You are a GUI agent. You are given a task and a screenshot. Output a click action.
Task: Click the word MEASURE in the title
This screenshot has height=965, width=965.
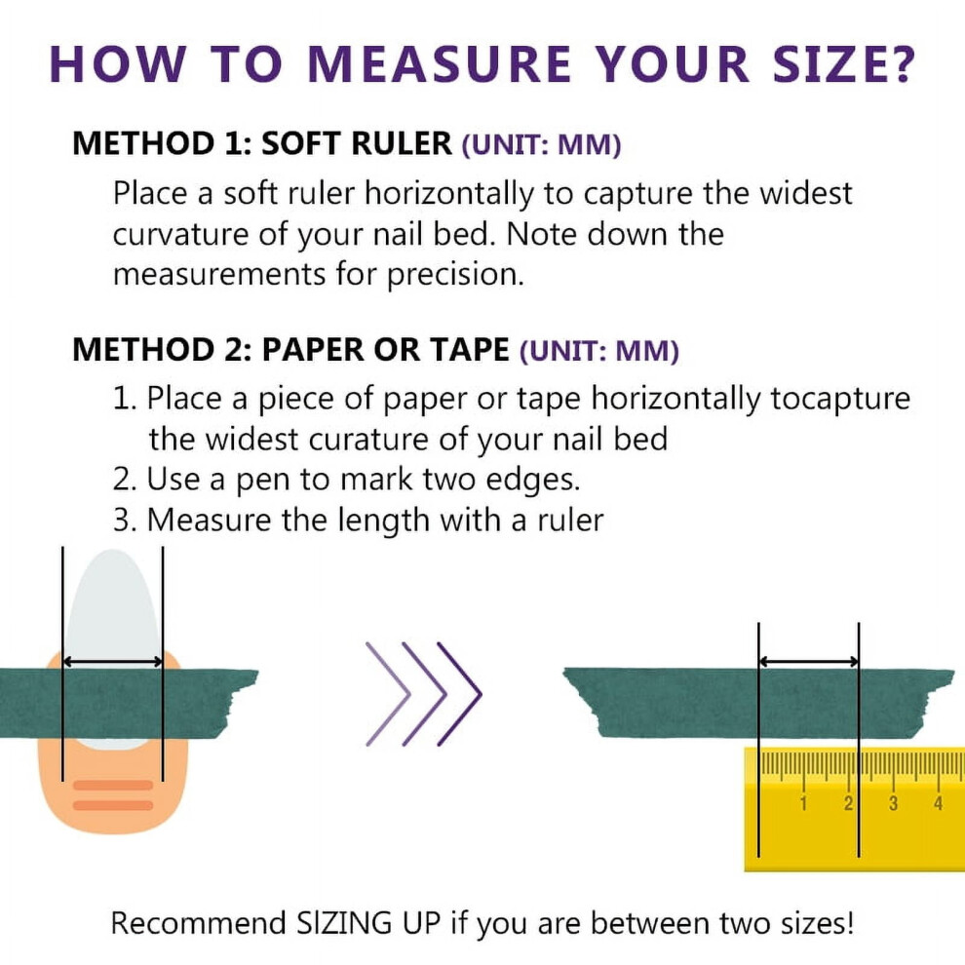(x=440, y=64)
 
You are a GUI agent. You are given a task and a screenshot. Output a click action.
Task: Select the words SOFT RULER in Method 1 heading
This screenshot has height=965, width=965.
(x=357, y=143)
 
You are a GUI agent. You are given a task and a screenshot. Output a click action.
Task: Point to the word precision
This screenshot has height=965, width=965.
(x=455, y=275)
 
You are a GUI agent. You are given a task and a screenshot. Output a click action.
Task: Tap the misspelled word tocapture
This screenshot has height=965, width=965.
(x=840, y=399)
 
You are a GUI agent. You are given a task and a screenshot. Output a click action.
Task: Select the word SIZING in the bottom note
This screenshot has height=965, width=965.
(x=344, y=923)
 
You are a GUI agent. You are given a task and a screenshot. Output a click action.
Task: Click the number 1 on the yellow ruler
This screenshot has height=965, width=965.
(x=802, y=802)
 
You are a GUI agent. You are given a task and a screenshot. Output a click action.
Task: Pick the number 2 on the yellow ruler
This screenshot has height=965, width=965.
(x=849, y=802)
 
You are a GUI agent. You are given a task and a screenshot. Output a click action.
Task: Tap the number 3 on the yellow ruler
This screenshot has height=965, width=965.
(x=893, y=802)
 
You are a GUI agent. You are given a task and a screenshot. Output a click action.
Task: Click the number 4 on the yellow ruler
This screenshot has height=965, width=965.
(x=938, y=802)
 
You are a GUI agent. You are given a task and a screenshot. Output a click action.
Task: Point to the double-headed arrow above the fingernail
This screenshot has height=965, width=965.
(x=113, y=662)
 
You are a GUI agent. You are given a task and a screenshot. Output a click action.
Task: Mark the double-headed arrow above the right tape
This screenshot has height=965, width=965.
(x=809, y=662)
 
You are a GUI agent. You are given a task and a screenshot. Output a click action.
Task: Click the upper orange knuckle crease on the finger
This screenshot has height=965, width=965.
(x=113, y=786)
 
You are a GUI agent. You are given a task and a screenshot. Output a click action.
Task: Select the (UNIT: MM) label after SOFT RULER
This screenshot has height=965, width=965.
(x=542, y=145)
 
